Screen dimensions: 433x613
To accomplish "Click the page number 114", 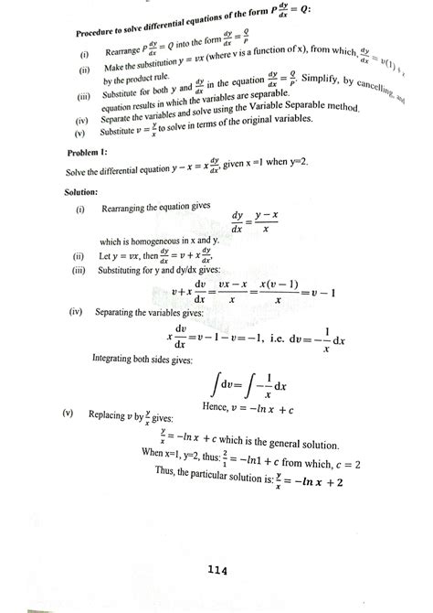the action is coord(216,571).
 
